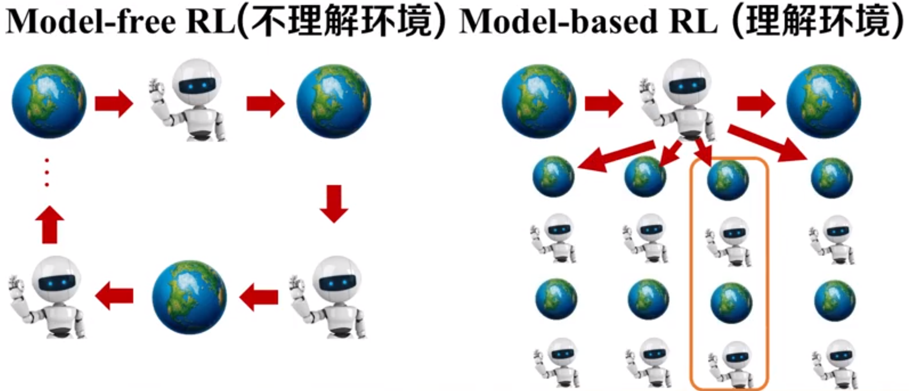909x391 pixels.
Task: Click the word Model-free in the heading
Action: tap(91, 21)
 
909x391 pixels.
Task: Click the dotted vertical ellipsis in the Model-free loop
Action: tap(47, 172)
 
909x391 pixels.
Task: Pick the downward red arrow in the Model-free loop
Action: tap(334, 203)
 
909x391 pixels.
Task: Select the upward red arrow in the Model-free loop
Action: tap(50, 224)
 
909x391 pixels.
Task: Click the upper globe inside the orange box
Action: tap(728, 180)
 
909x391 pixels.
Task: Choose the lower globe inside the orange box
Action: tap(731, 303)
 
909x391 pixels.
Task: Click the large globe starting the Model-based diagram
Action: tap(539, 101)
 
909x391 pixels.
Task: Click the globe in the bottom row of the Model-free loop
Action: tap(189, 297)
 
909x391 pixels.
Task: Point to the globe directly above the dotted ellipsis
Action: tap(49, 101)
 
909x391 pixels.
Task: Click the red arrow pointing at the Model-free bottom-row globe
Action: tap(258, 297)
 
